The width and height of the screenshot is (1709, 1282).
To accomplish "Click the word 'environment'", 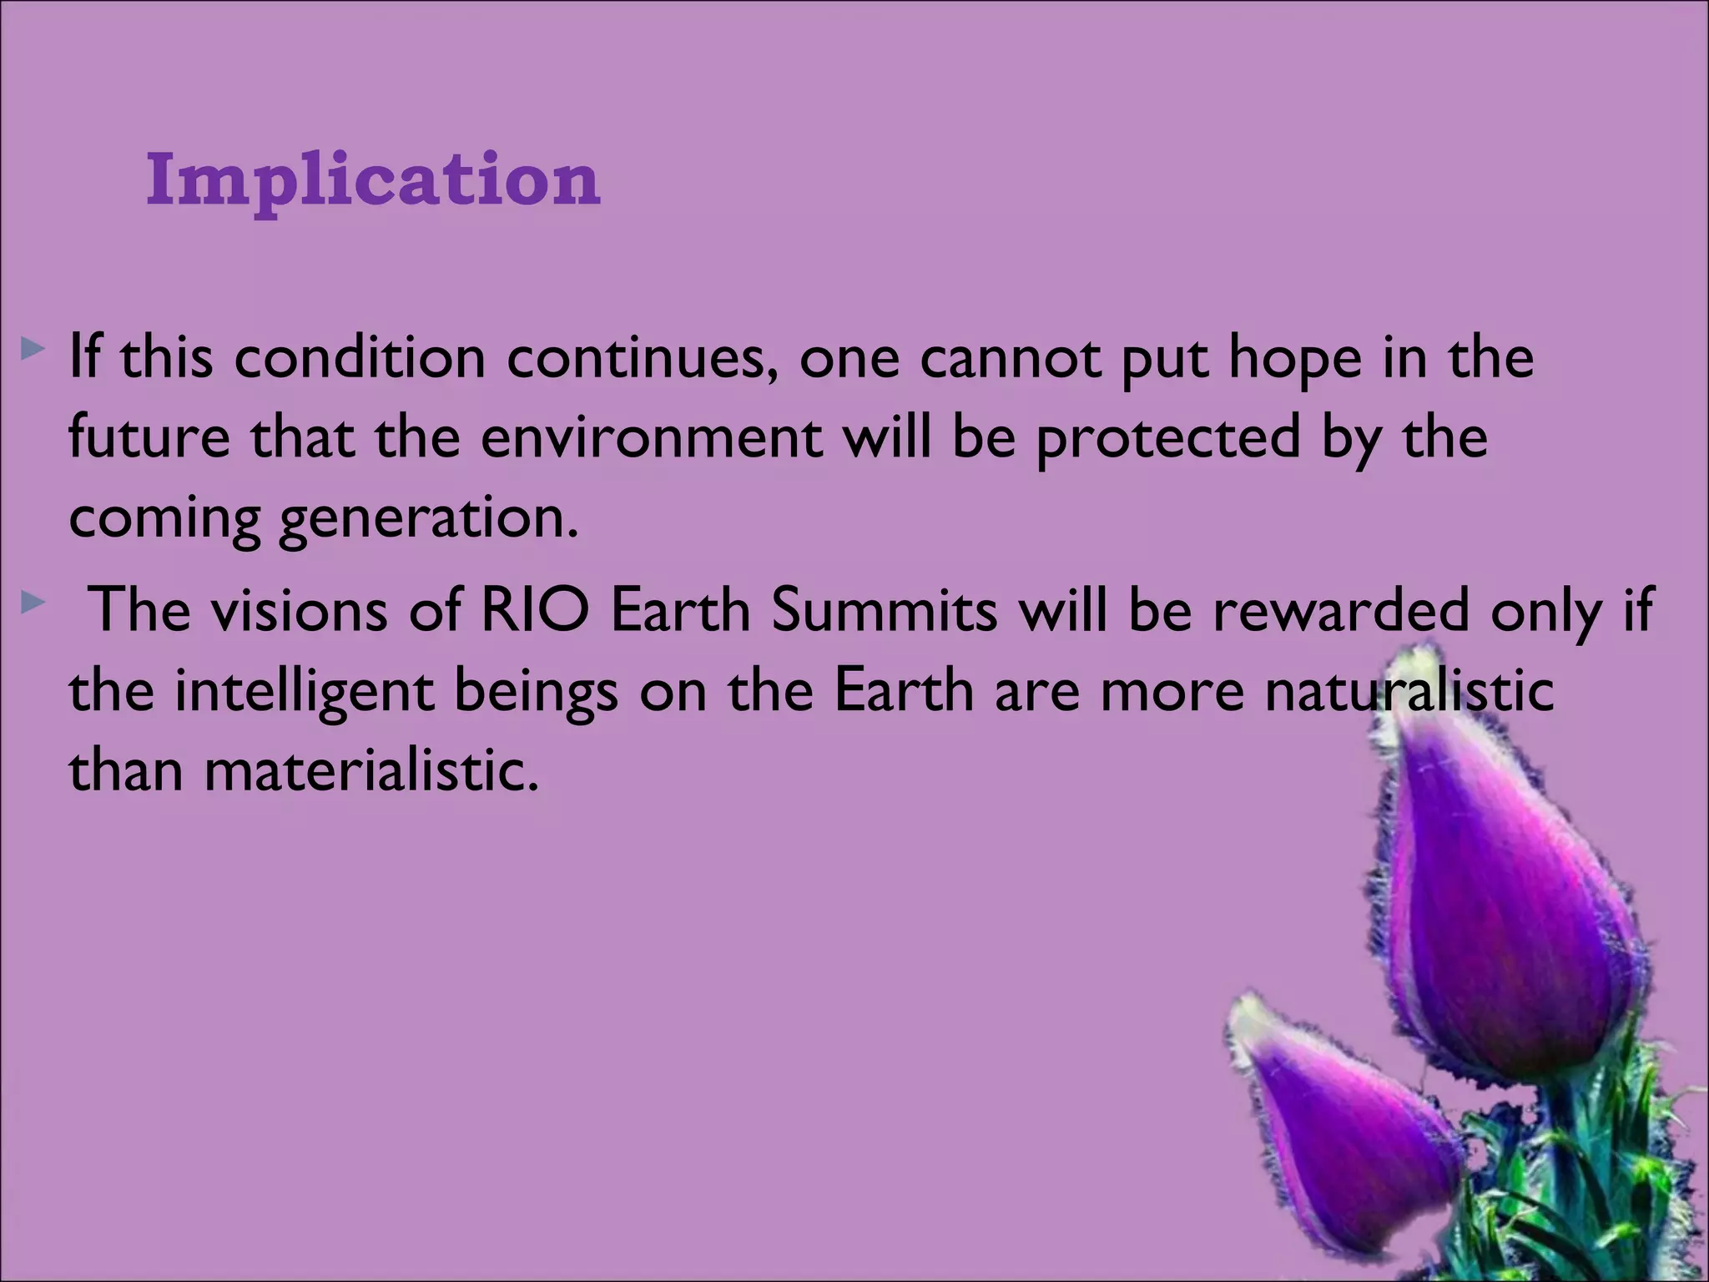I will [652, 437].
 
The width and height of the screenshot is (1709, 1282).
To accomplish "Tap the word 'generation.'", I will [428, 519].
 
